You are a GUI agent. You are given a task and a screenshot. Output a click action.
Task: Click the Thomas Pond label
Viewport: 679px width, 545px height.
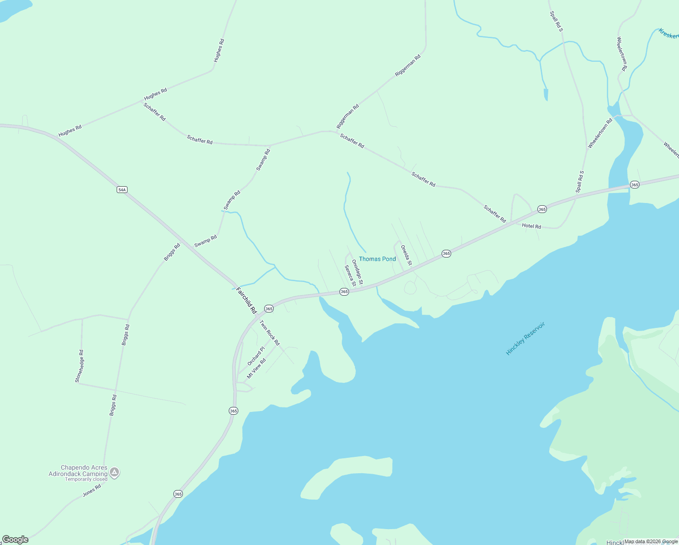377,259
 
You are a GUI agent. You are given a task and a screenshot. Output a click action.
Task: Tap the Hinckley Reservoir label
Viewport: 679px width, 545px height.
525,338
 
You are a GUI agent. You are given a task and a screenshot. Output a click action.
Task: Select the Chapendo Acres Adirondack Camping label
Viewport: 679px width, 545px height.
78,471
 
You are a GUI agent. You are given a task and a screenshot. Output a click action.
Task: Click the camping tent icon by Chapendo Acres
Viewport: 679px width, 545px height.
115,472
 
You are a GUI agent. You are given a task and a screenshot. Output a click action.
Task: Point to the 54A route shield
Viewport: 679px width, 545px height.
122,189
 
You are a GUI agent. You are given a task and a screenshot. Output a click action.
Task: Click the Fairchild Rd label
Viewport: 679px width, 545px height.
246,300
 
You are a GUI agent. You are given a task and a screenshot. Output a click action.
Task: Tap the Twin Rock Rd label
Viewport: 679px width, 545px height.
270,333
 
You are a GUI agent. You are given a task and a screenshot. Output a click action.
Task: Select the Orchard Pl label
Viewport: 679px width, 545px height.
256,356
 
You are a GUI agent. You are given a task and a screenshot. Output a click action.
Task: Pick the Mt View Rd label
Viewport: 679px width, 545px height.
256,369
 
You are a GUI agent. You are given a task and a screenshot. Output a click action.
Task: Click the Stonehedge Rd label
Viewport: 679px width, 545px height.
80,366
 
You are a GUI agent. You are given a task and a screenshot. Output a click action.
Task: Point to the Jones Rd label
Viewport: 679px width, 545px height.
92,490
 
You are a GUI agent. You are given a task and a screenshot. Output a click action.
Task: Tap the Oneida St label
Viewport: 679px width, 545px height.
406,255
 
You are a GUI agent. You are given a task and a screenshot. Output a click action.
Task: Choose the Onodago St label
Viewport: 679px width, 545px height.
358,272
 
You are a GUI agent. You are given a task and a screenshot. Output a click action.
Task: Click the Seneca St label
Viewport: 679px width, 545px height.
350,276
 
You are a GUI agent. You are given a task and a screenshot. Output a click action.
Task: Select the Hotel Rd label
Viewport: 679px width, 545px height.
531,226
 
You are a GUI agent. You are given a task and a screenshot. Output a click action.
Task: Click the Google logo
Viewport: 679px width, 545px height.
15,540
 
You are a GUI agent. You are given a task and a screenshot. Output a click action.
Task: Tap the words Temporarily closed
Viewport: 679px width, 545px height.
86,479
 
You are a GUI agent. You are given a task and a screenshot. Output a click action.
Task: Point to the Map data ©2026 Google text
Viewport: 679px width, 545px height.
651,541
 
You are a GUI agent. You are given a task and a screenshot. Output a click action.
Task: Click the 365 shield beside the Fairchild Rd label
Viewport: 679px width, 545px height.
269,308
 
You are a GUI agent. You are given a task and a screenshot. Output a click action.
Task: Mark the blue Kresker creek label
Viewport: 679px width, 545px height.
668,34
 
